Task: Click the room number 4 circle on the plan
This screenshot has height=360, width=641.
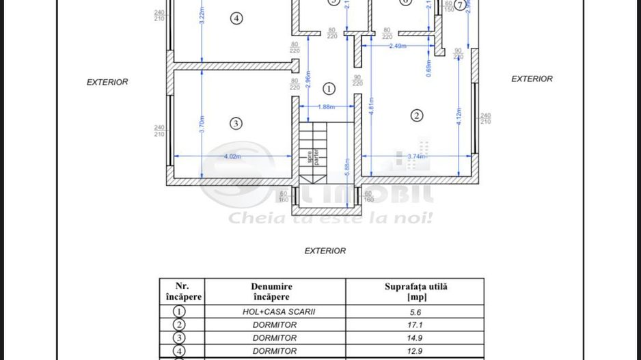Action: pos(236,18)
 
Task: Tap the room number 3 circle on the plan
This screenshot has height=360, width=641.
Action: pos(236,124)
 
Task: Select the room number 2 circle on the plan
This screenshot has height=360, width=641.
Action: pos(417,115)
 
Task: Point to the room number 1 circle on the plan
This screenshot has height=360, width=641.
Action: pos(329,88)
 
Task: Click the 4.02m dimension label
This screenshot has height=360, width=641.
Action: pos(232,156)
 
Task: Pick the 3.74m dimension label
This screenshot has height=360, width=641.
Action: pos(416,156)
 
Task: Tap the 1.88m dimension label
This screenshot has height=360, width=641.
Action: pos(327,107)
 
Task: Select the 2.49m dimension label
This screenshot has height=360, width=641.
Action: pos(398,46)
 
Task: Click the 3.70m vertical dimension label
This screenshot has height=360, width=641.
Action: pos(202,123)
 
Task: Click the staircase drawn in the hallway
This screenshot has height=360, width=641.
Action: pos(312,153)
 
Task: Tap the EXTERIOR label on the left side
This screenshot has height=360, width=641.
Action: pos(107,82)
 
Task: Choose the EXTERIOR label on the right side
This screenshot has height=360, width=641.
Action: pos(532,79)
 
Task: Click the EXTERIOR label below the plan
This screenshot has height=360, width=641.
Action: pos(325,251)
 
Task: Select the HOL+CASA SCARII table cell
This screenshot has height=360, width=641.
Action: pos(275,311)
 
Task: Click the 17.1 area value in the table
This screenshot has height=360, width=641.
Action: pos(415,324)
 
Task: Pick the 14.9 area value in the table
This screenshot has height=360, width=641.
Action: pos(415,337)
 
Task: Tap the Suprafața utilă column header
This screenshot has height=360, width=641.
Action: pos(415,292)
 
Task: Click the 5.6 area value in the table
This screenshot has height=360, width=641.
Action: pos(415,311)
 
